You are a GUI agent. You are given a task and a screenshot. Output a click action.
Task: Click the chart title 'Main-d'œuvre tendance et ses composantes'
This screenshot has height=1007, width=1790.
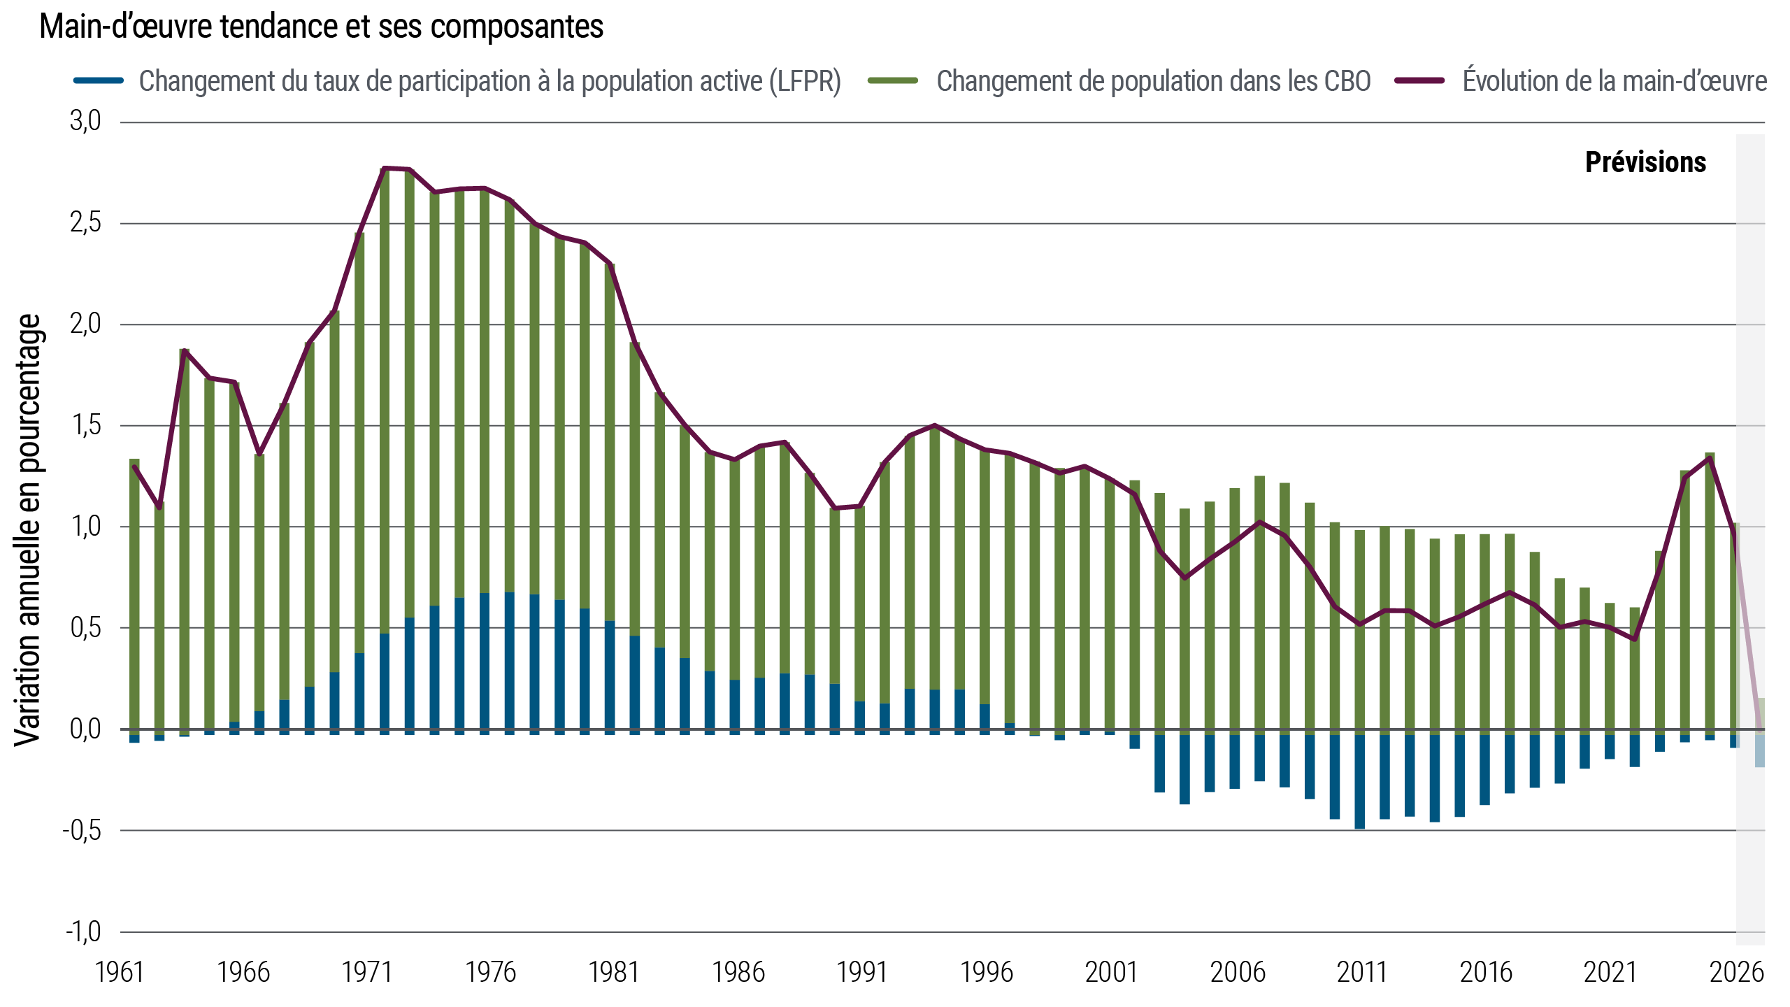click(x=321, y=28)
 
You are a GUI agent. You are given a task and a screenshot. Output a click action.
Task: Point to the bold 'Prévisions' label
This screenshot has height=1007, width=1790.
click(x=1645, y=162)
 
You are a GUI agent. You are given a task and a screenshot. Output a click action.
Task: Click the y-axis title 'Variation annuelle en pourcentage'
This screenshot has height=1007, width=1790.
click(x=28, y=530)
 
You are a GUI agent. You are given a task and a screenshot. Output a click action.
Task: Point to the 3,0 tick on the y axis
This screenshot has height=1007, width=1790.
click(x=85, y=122)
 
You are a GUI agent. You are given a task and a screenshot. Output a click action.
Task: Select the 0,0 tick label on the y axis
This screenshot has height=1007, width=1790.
click(x=85, y=729)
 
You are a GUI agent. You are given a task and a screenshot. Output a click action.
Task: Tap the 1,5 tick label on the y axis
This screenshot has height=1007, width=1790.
click(x=85, y=425)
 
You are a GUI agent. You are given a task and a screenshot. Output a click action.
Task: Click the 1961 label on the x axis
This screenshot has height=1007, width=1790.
click(x=119, y=972)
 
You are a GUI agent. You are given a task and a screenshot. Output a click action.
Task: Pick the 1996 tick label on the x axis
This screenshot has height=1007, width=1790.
click(x=987, y=972)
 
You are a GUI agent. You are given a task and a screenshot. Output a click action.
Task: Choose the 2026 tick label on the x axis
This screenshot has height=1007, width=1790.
click(x=1737, y=972)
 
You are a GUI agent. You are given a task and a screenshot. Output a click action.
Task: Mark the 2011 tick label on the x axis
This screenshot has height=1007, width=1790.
click(x=1361, y=972)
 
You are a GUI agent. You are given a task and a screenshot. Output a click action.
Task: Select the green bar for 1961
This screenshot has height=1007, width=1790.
click(x=134, y=594)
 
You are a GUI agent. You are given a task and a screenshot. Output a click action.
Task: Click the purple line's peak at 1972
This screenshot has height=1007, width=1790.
click(x=385, y=169)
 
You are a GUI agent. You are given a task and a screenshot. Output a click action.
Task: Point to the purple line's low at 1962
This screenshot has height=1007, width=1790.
click(x=159, y=507)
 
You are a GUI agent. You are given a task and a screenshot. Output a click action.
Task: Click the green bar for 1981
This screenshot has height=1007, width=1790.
click(x=610, y=441)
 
